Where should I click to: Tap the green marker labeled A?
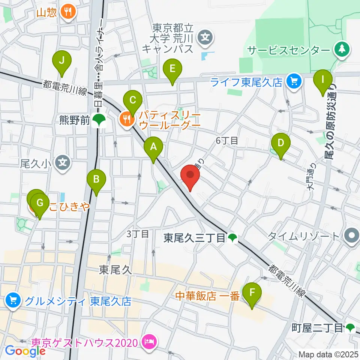153,148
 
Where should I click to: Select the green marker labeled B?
96,180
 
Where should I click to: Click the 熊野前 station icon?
99,120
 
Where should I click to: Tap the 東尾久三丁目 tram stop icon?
232,237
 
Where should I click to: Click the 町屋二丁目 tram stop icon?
350,328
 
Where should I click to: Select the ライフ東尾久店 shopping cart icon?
293,81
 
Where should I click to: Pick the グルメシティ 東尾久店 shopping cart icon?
13,300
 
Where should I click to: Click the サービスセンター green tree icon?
342,49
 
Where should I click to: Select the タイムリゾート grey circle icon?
352,236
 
